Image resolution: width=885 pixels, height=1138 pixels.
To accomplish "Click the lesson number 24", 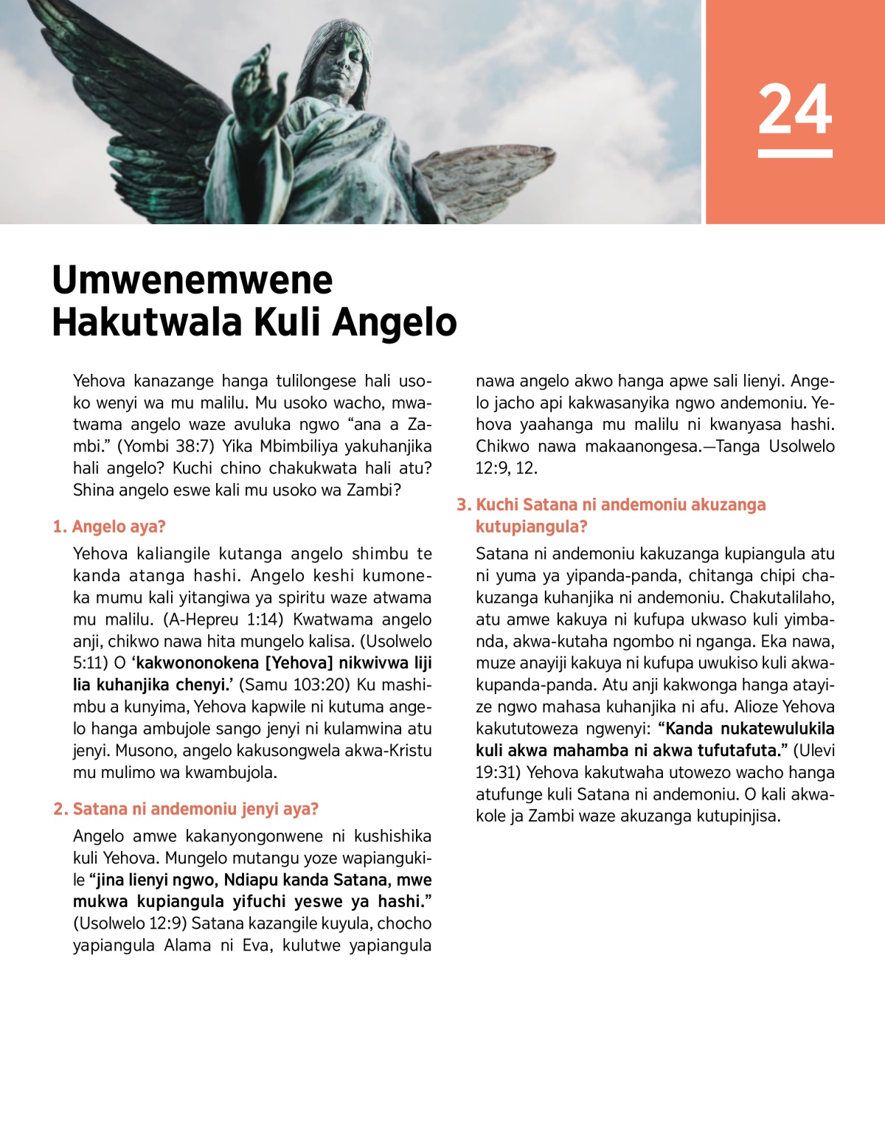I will click(794, 109).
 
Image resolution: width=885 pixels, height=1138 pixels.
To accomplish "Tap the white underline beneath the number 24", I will click(794, 153).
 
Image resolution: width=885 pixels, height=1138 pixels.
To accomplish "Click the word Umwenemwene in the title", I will click(192, 280).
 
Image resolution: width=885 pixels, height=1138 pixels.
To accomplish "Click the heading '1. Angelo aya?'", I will click(109, 527).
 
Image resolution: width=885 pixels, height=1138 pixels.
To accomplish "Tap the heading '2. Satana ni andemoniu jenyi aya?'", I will click(186, 809).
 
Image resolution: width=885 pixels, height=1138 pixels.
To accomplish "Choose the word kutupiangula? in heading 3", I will click(531, 527).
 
